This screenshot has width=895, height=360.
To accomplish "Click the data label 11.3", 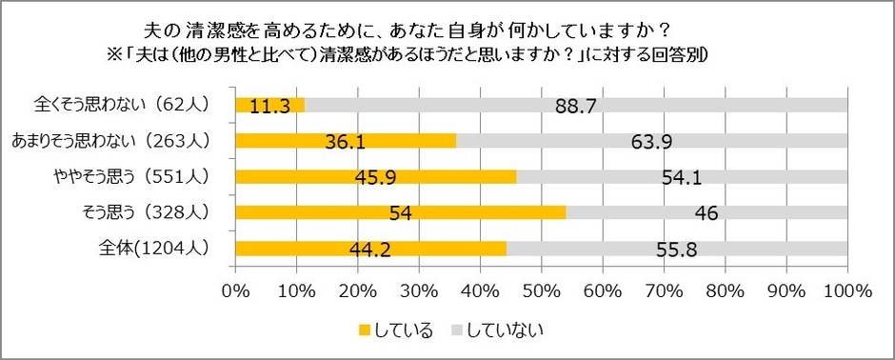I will [x=269, y=107].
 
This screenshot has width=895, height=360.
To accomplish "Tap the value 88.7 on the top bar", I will [x=576, y=107].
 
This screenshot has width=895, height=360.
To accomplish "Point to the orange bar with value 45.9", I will [x=375, y=177].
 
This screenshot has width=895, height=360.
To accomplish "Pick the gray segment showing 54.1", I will [x=683, y=177].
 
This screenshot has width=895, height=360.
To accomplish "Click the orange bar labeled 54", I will [x=400, y=212].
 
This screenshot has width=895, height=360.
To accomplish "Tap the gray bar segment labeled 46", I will [x=706, y=212].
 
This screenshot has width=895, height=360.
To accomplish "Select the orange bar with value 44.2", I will [x=369, y=249].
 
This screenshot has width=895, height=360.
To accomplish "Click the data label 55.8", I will [x=677, y=249].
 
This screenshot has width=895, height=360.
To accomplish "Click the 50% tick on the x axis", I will [x=542, y=290].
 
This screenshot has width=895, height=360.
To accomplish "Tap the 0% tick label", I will [x=235, y=290].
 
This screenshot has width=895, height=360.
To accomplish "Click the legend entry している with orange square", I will [x=395, y=330].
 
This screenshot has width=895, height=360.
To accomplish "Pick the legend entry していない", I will [x=496, y=330].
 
